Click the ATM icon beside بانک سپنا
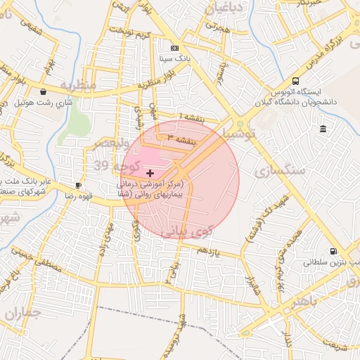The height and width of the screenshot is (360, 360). point(174,48)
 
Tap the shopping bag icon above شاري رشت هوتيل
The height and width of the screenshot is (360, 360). point(44,91)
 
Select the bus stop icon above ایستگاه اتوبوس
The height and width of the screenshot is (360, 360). point(295,81)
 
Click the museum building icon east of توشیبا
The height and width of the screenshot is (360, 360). point(323,129)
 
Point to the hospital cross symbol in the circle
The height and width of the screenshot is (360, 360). point(149,172)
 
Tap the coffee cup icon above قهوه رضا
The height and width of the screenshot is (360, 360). point(79,186)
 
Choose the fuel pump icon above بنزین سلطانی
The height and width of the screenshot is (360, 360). point(333,251)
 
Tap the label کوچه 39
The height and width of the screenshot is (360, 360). point(117,165)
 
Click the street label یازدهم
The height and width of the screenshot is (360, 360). point(209,250)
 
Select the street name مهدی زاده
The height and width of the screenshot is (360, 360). point(106,239)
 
